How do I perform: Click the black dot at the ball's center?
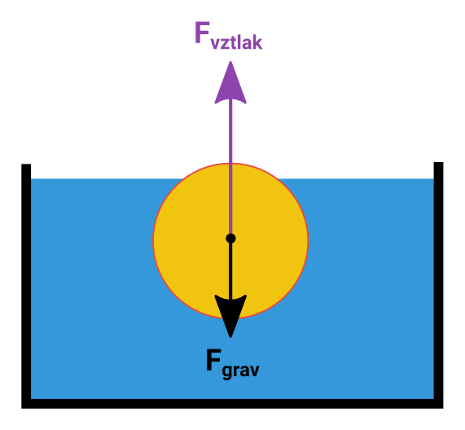230,238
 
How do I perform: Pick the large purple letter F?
202,33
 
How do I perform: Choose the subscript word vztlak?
236,42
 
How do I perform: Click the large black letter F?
213,360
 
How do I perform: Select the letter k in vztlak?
257,42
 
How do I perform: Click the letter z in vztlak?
225,44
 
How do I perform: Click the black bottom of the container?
232,404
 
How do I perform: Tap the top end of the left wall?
26,165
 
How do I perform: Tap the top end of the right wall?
438,163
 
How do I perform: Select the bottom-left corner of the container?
22,408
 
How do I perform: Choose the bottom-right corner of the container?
443,408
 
